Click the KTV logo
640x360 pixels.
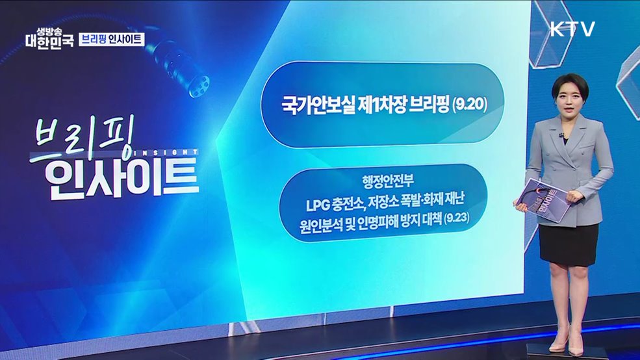572,29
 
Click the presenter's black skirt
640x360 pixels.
568,244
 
